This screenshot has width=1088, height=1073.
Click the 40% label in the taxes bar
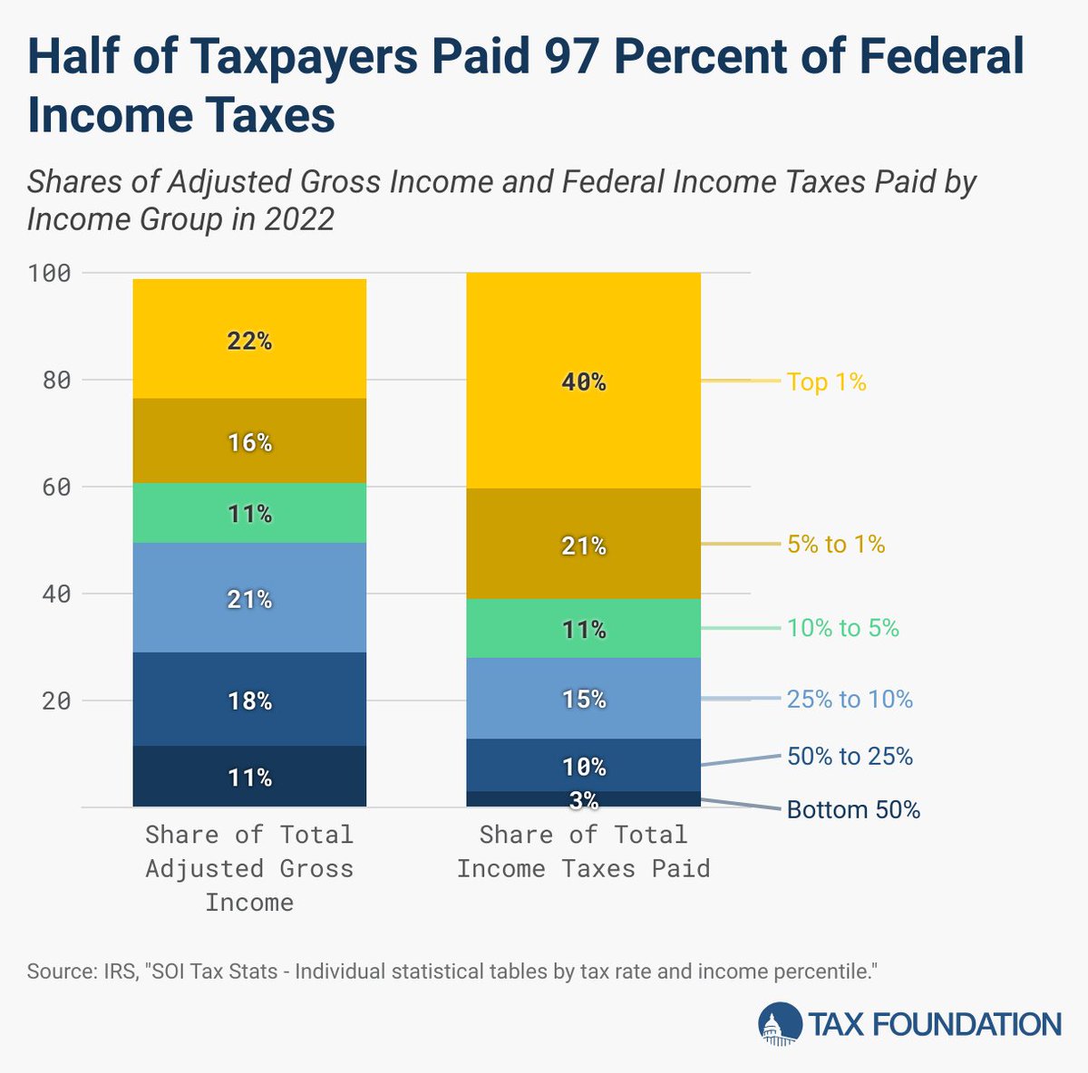pos(583,382)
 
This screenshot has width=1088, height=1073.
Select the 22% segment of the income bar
pos(249,341)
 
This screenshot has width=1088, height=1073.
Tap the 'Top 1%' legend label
pos(826,382)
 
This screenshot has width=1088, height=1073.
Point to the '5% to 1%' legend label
pos(835,544)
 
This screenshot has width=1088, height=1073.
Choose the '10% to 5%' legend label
pos(842,628)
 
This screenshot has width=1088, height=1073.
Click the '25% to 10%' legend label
pos(850,699)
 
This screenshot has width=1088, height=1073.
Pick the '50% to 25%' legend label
pos(850,756)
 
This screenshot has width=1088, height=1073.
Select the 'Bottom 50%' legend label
pos(853,809)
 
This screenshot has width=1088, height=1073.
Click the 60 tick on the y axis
pos(55,487)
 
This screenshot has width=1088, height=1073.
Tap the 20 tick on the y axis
pos(55,701)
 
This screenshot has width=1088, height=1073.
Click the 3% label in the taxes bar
pos(583,799)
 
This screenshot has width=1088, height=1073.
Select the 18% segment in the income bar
pos(249,701)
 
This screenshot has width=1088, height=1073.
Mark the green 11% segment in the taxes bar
pos(583,629)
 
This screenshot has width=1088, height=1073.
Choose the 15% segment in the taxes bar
pos(583,699)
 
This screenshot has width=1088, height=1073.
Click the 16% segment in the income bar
pos(249,442)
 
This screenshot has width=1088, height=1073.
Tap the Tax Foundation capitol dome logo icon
pos(780,1024)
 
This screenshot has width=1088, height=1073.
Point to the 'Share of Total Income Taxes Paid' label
pos(583,852)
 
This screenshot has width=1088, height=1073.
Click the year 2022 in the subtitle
pos(299,219)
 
